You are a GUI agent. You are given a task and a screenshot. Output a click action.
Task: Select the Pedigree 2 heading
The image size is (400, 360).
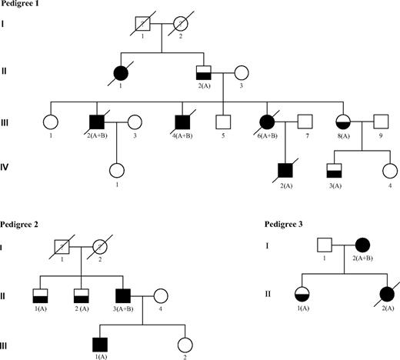(23, 224)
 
